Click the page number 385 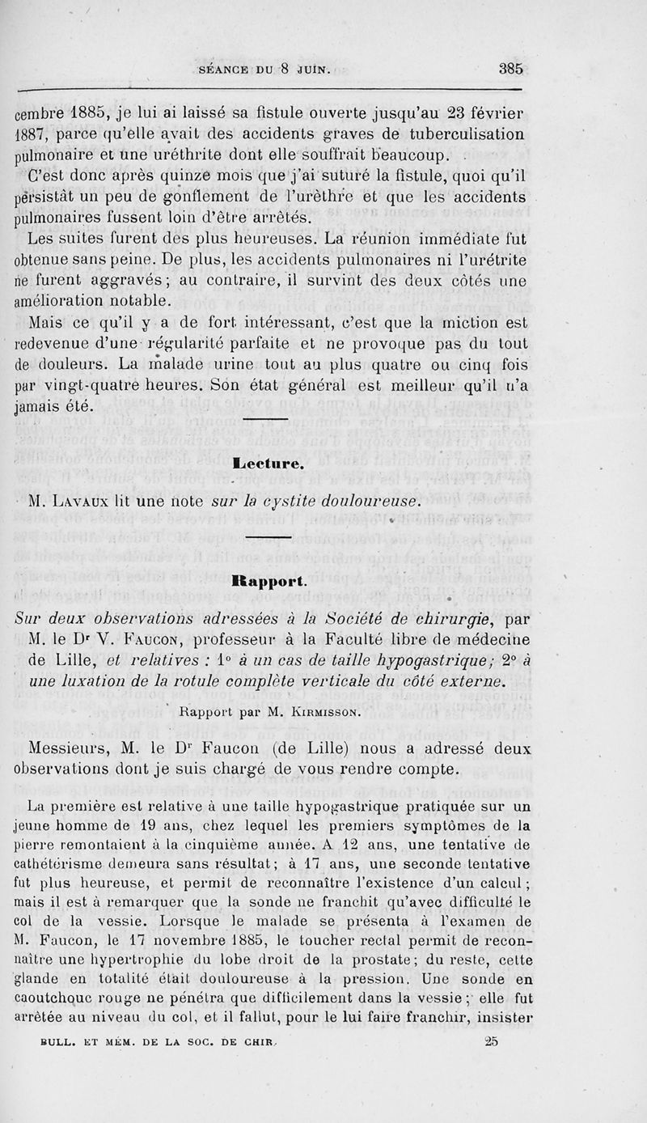click(x=511, y=69)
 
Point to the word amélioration click(x=66, y=301)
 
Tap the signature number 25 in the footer click(x=490, y=1042)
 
